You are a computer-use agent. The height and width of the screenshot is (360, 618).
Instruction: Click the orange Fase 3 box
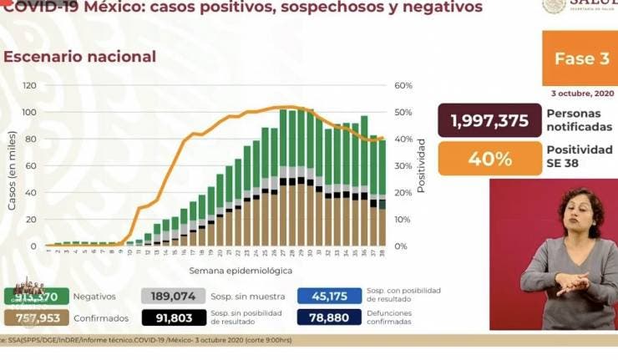[579, 58]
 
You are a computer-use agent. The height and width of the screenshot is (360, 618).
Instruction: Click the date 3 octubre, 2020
[582, 93]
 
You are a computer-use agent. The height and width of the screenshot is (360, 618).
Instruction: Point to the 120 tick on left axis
[30, 86]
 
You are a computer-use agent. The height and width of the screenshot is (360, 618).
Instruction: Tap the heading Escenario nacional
[80, 57]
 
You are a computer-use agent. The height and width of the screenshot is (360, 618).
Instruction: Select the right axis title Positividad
[422, 166]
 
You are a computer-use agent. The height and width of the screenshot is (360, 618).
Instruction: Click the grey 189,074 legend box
[173, 296]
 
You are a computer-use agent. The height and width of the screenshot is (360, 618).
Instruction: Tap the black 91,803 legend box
[173, 317]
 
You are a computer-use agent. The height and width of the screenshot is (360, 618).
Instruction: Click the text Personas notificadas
[579, 120]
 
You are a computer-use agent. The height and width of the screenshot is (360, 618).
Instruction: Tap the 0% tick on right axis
[401, 246]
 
